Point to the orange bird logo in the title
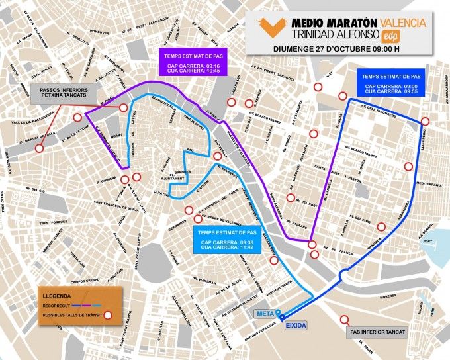[270, 28]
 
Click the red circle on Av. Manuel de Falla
[39, 149]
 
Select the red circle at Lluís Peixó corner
[425, 121]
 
